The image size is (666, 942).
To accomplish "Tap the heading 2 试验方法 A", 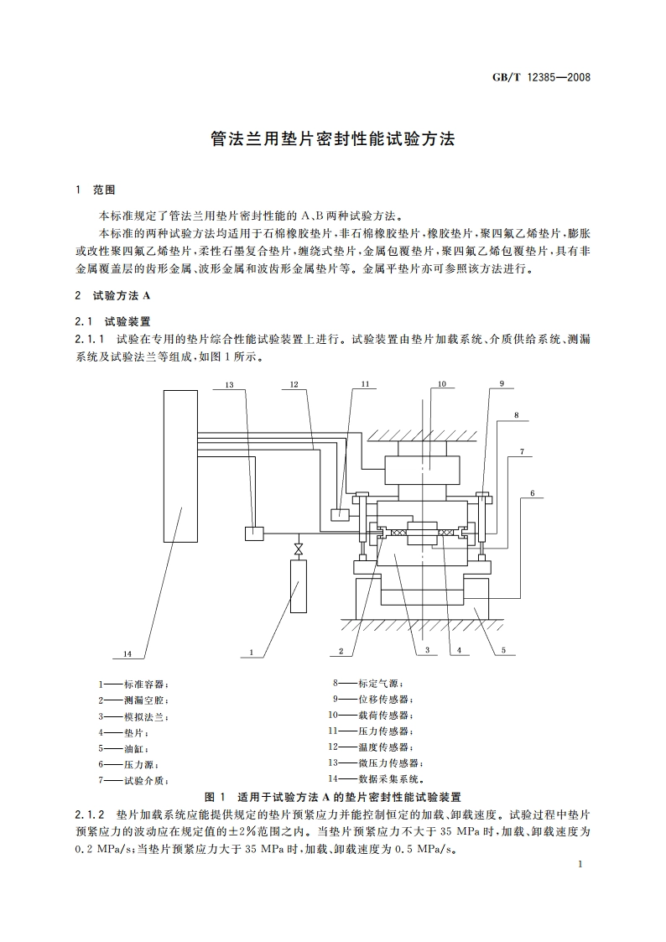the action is [112, 295].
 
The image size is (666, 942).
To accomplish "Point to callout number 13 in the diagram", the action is [229, 384].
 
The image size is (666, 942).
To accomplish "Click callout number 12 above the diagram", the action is [294, 384].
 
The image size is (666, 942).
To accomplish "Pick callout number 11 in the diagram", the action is [365, 384].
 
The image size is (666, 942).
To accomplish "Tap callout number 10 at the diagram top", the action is [441, 384].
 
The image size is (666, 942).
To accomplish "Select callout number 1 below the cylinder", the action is [251, 651].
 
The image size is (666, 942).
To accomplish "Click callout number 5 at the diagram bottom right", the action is [503, 649].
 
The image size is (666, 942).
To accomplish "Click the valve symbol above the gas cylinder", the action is [297, 549].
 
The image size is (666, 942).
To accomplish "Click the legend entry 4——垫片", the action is [124, 732].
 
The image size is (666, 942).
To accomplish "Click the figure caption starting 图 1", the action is [334, 797].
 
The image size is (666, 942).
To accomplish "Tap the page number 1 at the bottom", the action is [580, 865].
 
